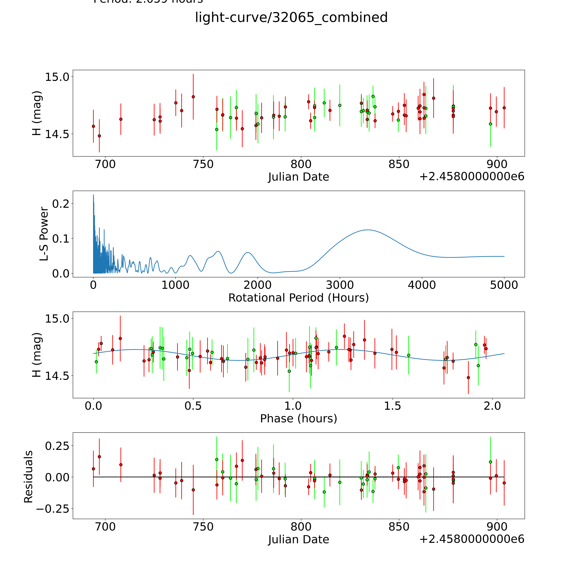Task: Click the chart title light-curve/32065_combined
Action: click(291, 17)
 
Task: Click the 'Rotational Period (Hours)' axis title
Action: click(298, 298)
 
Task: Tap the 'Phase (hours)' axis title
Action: click(298, 419)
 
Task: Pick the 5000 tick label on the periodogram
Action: click(504, 285)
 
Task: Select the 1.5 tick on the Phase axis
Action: click(392, 406)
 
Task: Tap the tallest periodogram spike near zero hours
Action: click(93, 195)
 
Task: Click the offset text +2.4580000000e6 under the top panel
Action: click(472, 177)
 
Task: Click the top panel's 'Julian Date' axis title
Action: click(298, 177)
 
